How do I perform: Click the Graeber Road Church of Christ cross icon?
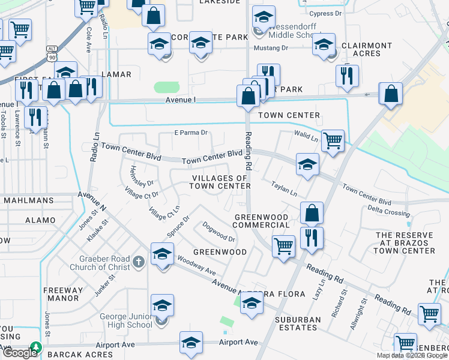(139, 262)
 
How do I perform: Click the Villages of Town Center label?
(219, 182)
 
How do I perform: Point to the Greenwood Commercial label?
(261, 221)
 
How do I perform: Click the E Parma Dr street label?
(190, 133)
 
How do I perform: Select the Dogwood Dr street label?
(218, 231)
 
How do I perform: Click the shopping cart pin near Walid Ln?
(333, 141)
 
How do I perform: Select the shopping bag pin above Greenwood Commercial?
(312, 212)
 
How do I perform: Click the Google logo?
(20, 353)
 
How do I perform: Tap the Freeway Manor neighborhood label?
(63, 294)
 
